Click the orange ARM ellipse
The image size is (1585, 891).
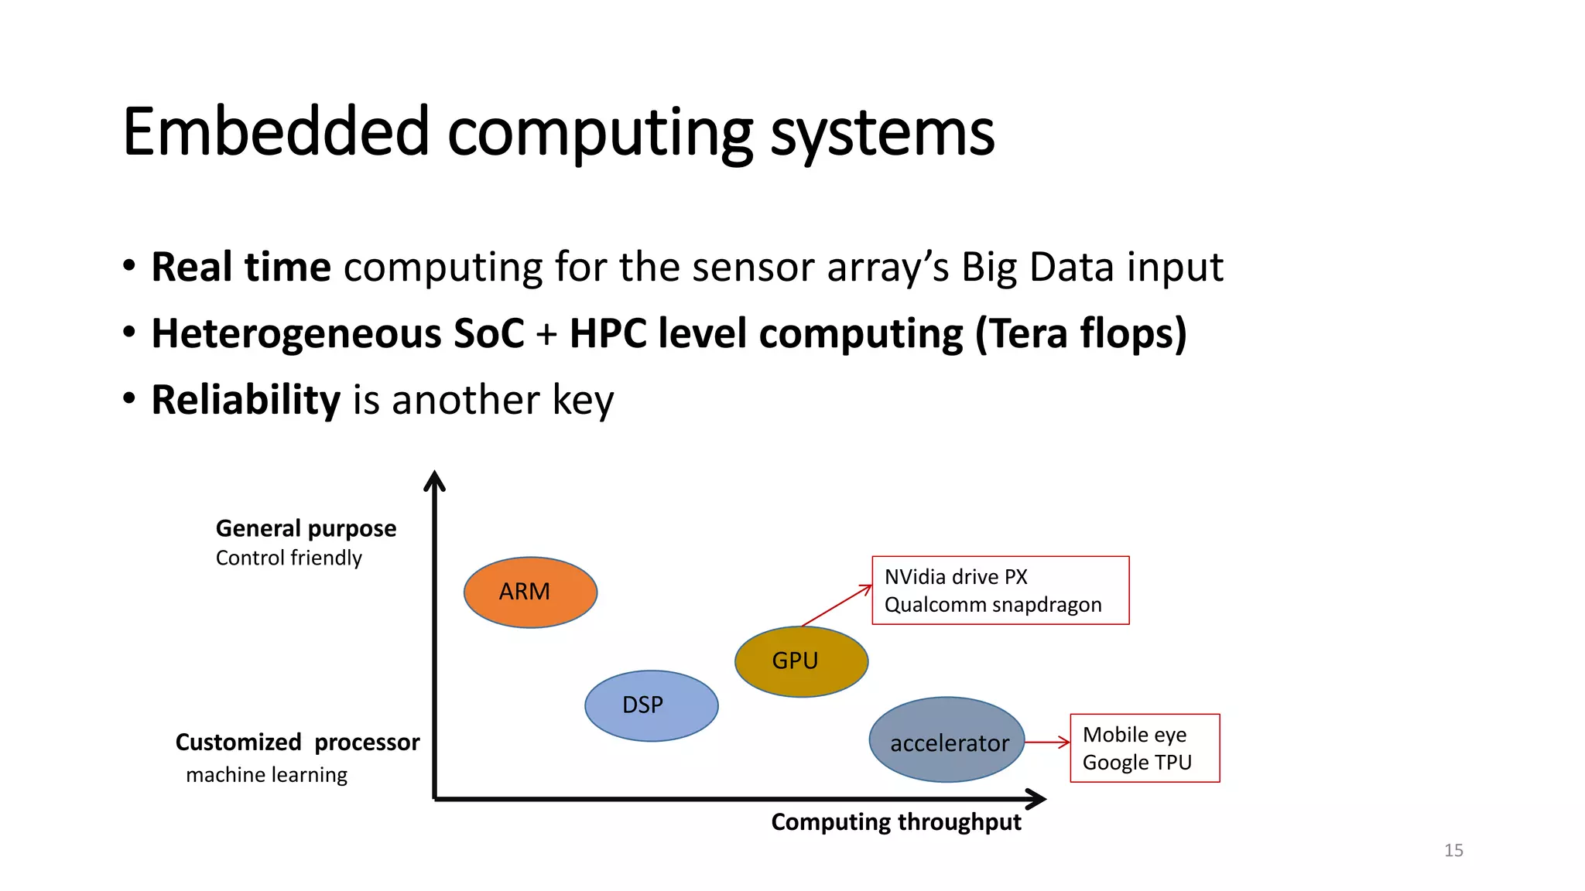(x=530, y=592)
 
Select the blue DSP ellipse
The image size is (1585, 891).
(x=651, y=705)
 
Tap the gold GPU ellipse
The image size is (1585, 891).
(x=801, y=661)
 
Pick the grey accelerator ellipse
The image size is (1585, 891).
(x=947, y=740)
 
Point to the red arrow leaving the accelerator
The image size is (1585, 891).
(x=1047, y=742)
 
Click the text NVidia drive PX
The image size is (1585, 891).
(x=956, y=577)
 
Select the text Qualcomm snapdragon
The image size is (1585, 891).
(x=993, y=605)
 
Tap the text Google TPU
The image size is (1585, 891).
(x=1137, y=763)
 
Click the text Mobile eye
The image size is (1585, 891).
(x=1135, y=735)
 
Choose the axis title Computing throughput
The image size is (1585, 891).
(x=896, y=822)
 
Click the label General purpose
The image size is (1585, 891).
(x=306, y=529)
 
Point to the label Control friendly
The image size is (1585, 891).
(x=289, y=558)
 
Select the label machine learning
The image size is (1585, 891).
(x=267, y=775)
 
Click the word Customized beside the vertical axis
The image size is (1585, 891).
(x=238, y=742)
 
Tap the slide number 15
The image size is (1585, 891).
(x=1453, y=851)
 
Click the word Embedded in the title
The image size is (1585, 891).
(x=276, y=132)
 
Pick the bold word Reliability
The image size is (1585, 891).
(x=245, y=401)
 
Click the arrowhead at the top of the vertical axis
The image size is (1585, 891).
(x=435, y=481)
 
